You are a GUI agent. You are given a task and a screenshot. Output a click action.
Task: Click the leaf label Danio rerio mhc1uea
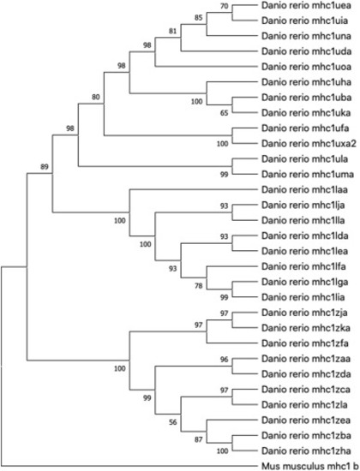pos(306,5)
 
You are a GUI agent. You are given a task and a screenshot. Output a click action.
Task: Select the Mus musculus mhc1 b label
pos(310,466)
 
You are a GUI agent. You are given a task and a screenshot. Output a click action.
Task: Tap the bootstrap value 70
pos(225,6)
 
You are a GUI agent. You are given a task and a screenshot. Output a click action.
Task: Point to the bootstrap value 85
pos(199,18)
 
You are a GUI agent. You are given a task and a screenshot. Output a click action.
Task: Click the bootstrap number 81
pos(172,31)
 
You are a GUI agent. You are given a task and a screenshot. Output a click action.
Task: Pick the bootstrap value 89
pos(45,166)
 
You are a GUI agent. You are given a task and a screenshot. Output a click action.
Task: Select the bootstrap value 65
pos(225,113)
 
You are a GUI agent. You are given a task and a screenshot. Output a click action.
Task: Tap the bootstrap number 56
pos(172,422)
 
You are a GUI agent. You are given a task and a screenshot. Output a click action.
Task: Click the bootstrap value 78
pos(199,286)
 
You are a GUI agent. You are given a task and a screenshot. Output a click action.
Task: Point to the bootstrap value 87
pos(199,440)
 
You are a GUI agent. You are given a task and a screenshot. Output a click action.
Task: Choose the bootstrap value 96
pos(225,360)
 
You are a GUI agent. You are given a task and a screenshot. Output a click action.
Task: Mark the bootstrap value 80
pos(96,97)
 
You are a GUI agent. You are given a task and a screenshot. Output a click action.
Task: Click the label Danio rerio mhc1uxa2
pos(309,144)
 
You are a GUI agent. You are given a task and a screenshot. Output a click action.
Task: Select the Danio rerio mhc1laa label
pos(304,190)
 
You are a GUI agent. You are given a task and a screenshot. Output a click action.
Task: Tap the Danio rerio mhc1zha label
pos(306,450)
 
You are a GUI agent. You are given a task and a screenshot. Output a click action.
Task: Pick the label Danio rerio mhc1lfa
pos(303,266)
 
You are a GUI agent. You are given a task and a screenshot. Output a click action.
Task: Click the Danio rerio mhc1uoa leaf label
pos(306,67)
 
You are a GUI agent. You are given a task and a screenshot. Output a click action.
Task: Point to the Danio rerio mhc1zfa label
pos(305,343)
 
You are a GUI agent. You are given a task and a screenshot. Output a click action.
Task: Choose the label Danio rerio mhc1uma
pos(308,175)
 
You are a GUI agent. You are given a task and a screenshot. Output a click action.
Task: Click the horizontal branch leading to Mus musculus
pos(129,467)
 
